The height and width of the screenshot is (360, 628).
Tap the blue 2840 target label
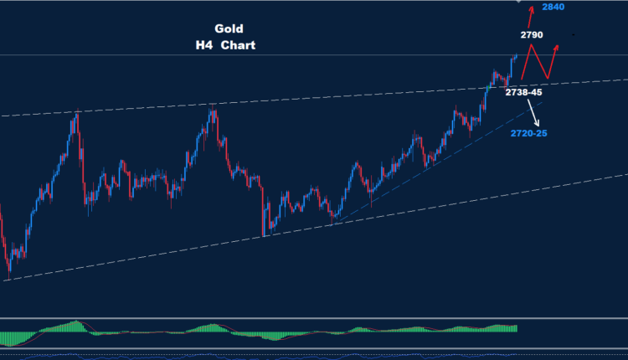coord(553,7)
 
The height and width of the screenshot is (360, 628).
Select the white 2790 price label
coord(531,35)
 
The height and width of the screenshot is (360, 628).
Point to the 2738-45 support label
coord(524,93)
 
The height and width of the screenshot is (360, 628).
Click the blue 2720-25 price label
coord(529,132)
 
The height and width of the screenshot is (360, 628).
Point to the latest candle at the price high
coord(516,56)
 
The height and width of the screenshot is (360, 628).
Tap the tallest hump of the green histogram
coord(77,323)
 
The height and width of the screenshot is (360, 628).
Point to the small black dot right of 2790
coord(573,34)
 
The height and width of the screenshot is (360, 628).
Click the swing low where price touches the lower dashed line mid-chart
coord(265,235)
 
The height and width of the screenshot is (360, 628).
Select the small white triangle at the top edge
coord(519,2)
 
